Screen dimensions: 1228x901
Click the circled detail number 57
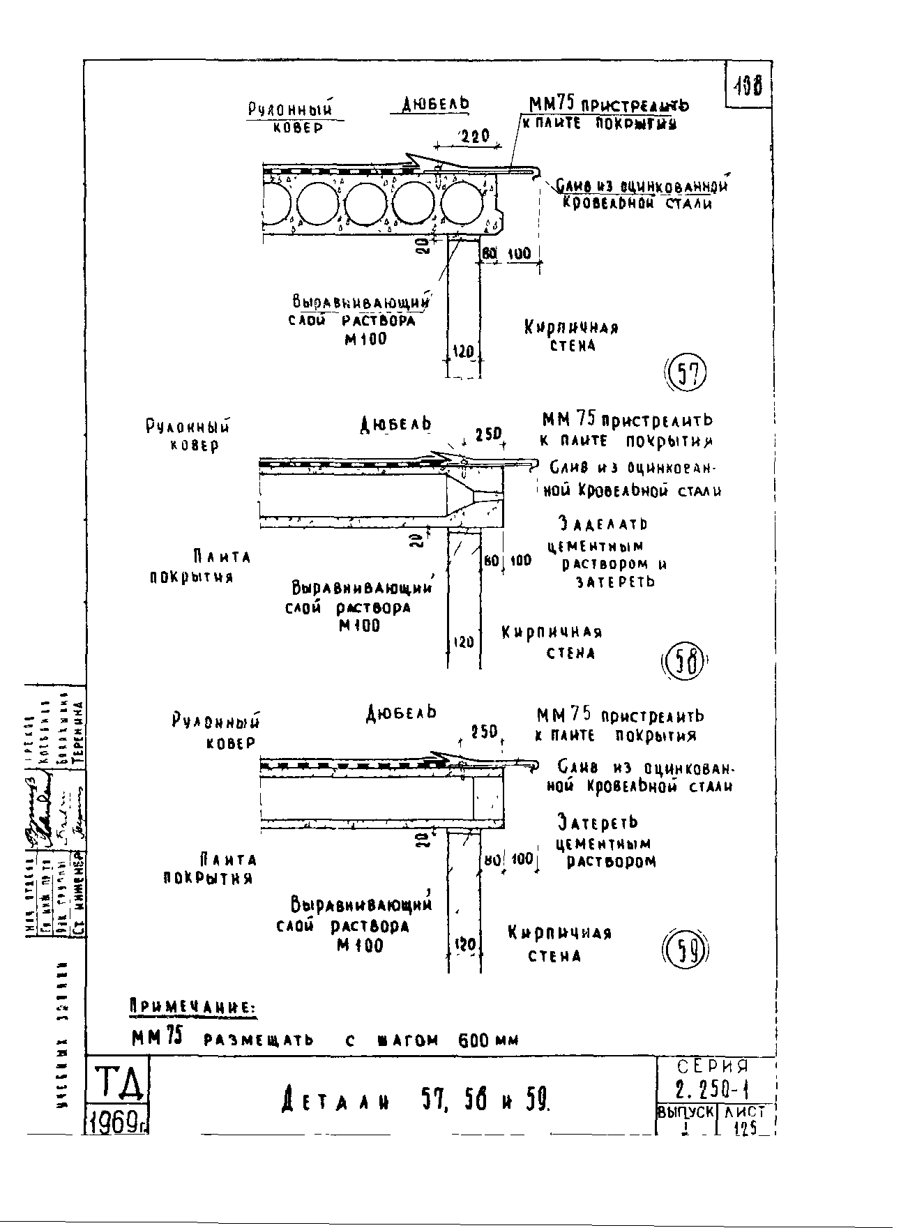(687, 374)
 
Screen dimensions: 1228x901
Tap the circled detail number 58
(683, 662)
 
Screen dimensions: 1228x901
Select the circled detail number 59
(684, 950)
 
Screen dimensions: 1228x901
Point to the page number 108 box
(748, 85)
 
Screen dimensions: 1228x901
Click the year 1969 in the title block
(116, 1122)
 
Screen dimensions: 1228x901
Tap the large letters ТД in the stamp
(116, 1084)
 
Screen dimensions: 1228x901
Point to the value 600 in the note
(473, 1040)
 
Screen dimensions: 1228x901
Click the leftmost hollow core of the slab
(278, 203)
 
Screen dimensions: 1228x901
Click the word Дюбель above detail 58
(395, 424)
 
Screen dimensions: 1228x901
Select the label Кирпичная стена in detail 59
(559, 943)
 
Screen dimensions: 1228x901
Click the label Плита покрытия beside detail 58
(202, 566)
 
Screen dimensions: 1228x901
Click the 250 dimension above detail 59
(483, 732)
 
